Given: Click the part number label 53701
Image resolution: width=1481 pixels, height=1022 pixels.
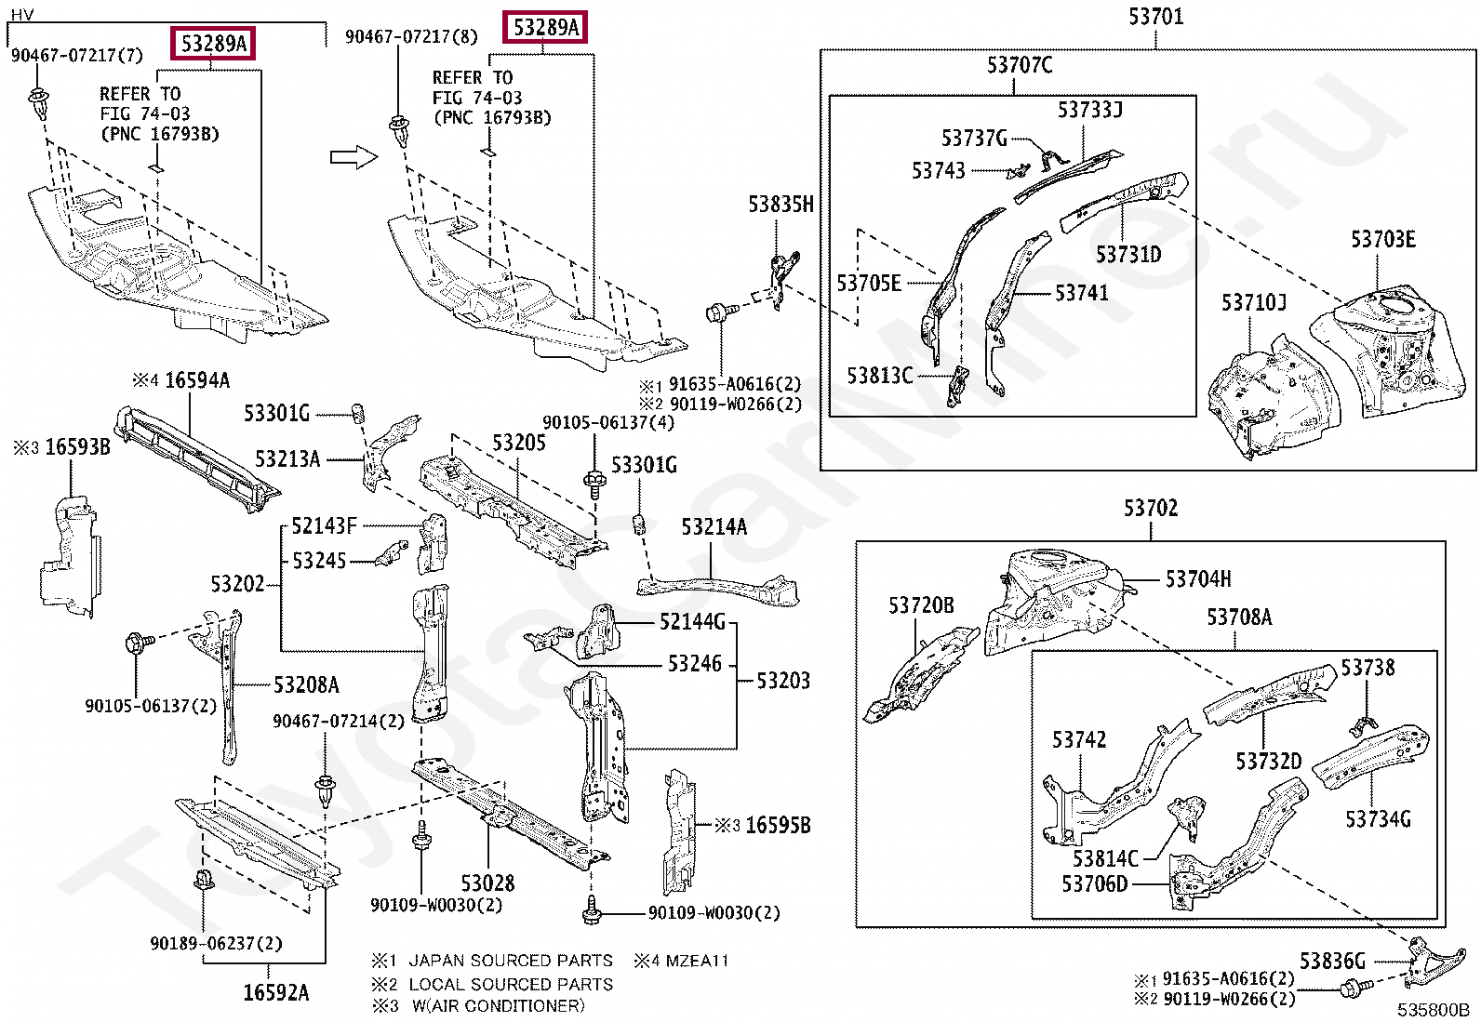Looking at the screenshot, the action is coord(1155,17).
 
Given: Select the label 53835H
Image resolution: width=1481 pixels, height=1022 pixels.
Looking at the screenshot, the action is coord(781,205).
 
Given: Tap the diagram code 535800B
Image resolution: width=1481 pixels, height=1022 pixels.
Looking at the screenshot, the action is coord(1433,1009).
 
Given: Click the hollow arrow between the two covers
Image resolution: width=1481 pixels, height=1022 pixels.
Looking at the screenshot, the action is coord(354,157).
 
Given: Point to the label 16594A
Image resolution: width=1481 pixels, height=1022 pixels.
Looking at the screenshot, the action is coord(197,380).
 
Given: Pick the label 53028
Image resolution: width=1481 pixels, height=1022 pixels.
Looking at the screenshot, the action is coord(487,883).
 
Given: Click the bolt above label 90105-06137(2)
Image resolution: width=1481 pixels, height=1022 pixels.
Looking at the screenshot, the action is coord(139,642).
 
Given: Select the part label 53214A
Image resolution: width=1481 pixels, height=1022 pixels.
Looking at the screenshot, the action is coord(714,527).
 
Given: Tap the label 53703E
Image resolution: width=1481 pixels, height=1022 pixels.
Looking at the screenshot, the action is coord(1383,239).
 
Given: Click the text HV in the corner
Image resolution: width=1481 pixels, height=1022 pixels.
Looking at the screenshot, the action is coord(21,15).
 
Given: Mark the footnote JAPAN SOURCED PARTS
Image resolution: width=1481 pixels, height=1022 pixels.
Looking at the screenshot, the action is coord(511,961).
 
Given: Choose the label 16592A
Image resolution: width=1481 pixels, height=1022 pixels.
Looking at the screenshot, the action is coord(275,992).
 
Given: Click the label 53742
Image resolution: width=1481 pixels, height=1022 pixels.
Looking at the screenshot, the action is coord(1079,739).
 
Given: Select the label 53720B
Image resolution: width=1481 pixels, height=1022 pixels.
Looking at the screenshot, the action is coord(921,604).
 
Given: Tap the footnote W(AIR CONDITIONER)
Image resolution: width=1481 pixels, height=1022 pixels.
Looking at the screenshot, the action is coord(499,1005).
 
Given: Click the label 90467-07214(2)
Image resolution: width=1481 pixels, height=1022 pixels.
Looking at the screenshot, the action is coord(339,721).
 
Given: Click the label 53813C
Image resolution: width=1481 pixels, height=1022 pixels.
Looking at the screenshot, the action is coord(880,376).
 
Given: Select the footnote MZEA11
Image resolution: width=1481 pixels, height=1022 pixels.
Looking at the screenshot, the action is coord(697,961).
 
